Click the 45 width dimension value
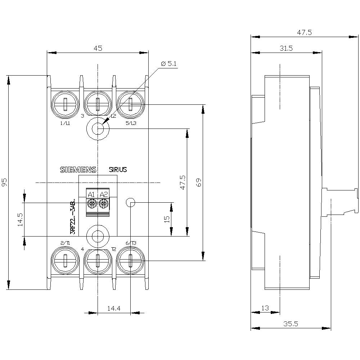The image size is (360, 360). point(98,48)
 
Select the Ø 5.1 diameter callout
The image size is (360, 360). point(169,64)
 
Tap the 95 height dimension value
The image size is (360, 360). point(4,183)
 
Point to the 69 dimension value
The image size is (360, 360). point(198,183)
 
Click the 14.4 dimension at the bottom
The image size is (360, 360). point(114,309)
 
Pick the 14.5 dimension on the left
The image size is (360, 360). point(20,219)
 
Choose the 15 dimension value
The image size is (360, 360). point(166,219)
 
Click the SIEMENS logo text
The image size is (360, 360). point(78,170)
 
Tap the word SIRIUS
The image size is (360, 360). point(118,170)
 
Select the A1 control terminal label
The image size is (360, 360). point(91,195)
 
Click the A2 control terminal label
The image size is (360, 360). point(104,195)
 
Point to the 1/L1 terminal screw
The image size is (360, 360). point(65,105)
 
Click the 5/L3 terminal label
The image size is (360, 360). point(131,123)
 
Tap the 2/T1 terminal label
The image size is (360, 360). point(65,243)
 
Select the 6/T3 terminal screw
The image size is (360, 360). point(130,260)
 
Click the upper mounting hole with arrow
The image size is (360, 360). point(98,128)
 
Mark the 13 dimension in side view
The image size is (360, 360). point(265,308)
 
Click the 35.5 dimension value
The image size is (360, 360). point(291,324)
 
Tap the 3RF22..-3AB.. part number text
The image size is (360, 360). point(73,216)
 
